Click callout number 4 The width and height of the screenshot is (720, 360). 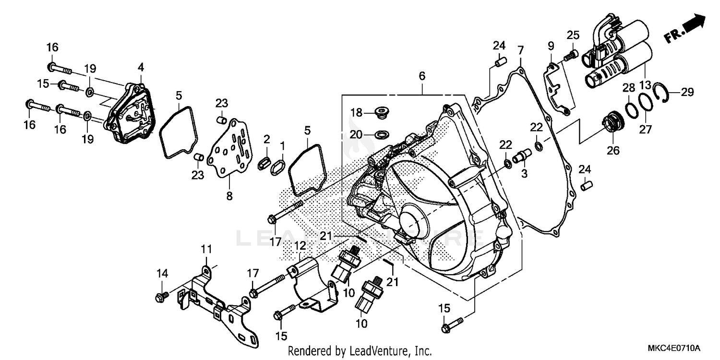[141, 66]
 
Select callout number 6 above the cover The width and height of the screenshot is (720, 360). [422, 76]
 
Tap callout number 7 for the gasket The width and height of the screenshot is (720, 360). [520, 49]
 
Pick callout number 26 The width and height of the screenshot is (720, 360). [613, 151]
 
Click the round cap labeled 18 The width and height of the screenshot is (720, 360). [382, 113]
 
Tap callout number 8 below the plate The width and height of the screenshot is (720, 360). [229, 196]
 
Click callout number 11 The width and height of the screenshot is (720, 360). [206, 249]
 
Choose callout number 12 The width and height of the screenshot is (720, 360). [300, 246]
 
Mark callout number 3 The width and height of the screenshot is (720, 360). [524, 173]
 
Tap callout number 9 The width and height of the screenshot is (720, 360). [551, 46]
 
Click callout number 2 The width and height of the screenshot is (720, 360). [266, 140]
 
